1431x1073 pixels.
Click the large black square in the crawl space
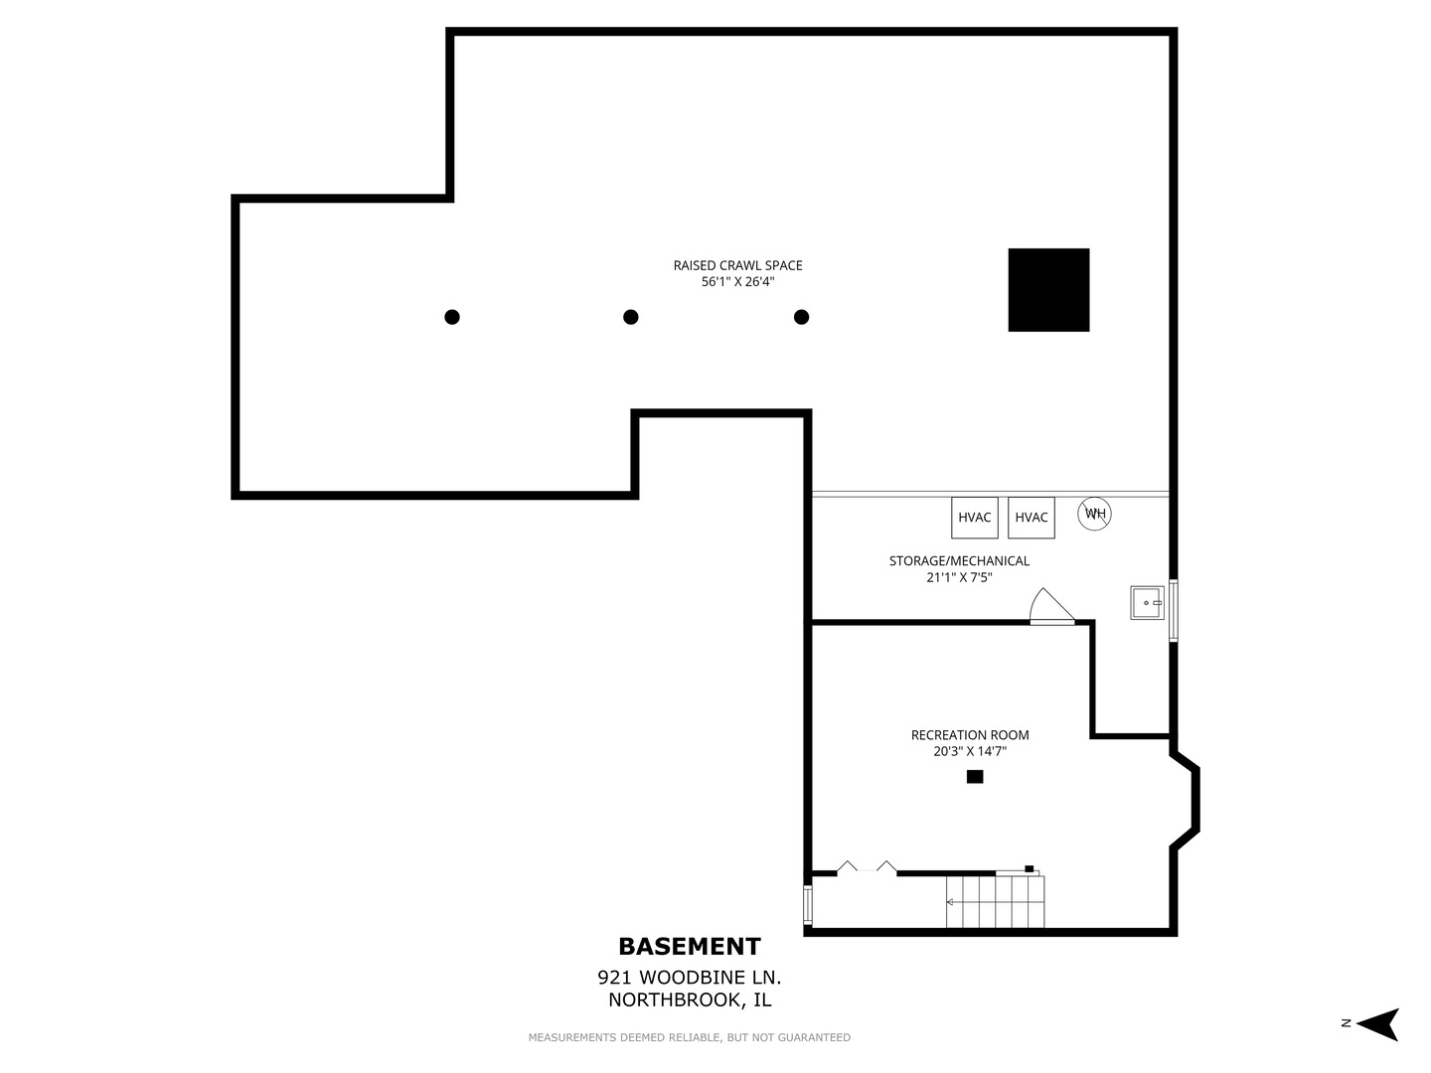pyautogui.click(x=1048, y=290)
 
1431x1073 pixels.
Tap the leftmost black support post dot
pyautogui.click(x=452, y=317)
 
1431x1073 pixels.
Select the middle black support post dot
pyautogui.click(x=630, y=317)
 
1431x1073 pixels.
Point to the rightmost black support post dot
pyautogui.click(x=801, y=317)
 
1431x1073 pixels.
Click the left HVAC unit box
pyautogui.click(x=974, y=518)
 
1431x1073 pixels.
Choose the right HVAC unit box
pyautogui.click(x=1031, y=518)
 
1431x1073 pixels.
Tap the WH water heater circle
pyautogui.click(x=1094, y=514)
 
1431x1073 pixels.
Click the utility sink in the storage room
pyautogui.click(x=1147, y=603)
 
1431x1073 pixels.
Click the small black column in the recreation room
pyautogui.click(x=975, y=777)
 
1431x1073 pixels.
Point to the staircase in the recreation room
pyautogui.click(x=995, y=902)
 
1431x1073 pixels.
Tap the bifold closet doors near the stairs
pyautogui.click(x=867, y=866)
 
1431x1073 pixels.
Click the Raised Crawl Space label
pyautogui.click(x=737, y=265)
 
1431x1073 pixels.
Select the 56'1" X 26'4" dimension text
pyautogui.click(x=737, y=282)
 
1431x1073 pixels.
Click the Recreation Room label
pyautogui.click(x=970, y=735)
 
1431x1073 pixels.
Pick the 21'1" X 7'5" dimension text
pyautogui.click(x=959, y=577)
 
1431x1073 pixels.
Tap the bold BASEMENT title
pyautogui.click(x=689, y=947)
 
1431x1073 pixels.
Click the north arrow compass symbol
pyautogui.click(x=1377, y=1024)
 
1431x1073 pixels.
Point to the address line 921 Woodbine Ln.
pyautogui.click(x=689, y=978)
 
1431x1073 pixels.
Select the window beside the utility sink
pyautogui.click(x=1173, y=610)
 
